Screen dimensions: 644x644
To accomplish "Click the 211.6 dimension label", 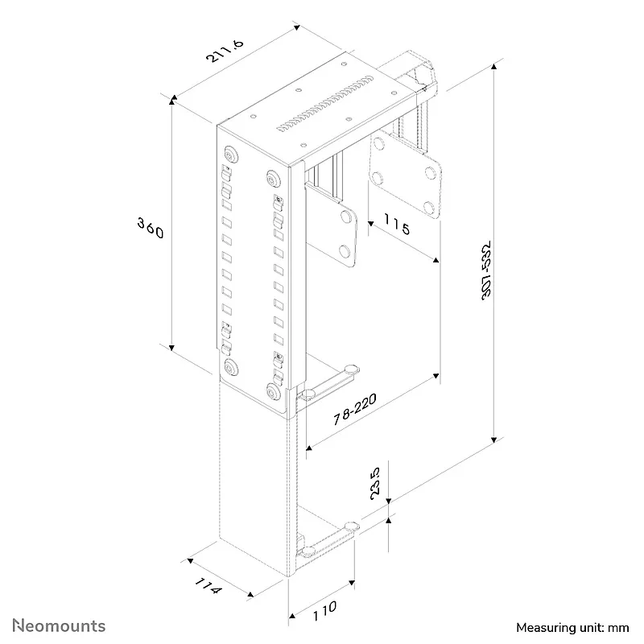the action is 225,51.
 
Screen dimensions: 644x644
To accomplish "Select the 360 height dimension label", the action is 151,228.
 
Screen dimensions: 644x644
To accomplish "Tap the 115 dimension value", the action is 397,225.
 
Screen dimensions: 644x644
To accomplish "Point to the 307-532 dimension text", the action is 486,270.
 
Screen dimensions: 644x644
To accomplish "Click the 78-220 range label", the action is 354,409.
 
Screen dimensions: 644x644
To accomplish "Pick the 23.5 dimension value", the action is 375,483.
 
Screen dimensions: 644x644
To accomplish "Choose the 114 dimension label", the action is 208,585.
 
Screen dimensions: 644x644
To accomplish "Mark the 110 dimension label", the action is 324,611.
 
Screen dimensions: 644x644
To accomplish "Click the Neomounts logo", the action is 59,625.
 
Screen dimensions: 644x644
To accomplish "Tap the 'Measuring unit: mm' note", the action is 572,628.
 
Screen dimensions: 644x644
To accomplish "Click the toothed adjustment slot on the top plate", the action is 325,103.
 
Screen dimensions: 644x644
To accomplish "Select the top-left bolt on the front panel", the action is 231,155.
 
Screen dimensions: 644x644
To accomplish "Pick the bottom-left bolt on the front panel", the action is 231,367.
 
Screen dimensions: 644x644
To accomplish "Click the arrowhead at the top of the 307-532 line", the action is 494,66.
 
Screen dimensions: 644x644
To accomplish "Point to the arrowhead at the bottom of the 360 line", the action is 171,349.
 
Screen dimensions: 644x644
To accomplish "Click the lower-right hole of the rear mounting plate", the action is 429,207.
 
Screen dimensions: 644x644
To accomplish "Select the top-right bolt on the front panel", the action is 273,179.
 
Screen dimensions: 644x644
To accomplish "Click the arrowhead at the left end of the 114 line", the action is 190,561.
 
